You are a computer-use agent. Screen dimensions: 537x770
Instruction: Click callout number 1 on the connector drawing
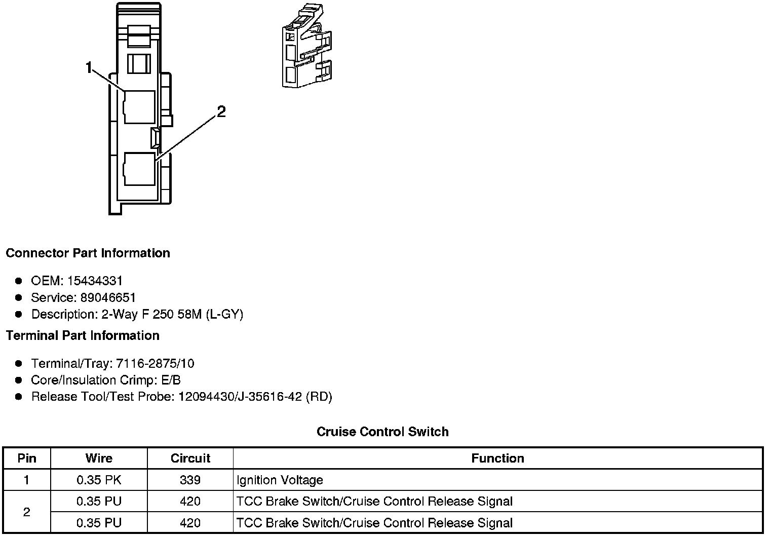pyautogui.click(x=89, y=67)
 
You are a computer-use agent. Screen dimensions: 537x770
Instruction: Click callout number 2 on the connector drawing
pyautogui.click(x=221, y=111)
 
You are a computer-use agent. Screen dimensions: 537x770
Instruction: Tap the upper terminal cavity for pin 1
pyautogui.click(x=139, y=107)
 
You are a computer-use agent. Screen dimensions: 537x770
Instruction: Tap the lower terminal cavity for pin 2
pyautogui.click(x=139, y=169)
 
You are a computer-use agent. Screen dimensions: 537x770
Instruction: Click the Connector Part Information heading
pyautogui.click(x=88, y=253)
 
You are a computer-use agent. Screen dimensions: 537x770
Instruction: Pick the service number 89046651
pyautogui.click(x=108, y=297)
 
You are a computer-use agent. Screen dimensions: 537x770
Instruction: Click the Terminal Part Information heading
pyautogui.click(x=83, y=335)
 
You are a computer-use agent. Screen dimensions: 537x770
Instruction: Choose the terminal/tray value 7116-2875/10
pyautogui.click(x=155, y=363)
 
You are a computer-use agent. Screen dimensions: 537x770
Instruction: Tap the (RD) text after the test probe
pyautogui.click(x=319, y=397)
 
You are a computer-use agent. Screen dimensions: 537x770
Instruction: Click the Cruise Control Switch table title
pyautogui.click(x=382, y=432)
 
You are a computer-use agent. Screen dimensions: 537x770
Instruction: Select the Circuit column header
pyautogui.click(x=190, y=458)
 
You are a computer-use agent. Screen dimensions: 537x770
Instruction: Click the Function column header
pyautogui.click(x=497, y=458)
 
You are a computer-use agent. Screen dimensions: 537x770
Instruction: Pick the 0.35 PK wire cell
pyautogui.click(x=99, y=480)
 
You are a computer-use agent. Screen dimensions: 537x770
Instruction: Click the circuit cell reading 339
pyautogui.click(x=190, y=480)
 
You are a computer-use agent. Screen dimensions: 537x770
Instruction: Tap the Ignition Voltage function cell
pyautogui.click(x=280, y=480)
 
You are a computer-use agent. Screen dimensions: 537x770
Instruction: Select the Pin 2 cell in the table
pyautogui.click(x=27, y=512)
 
